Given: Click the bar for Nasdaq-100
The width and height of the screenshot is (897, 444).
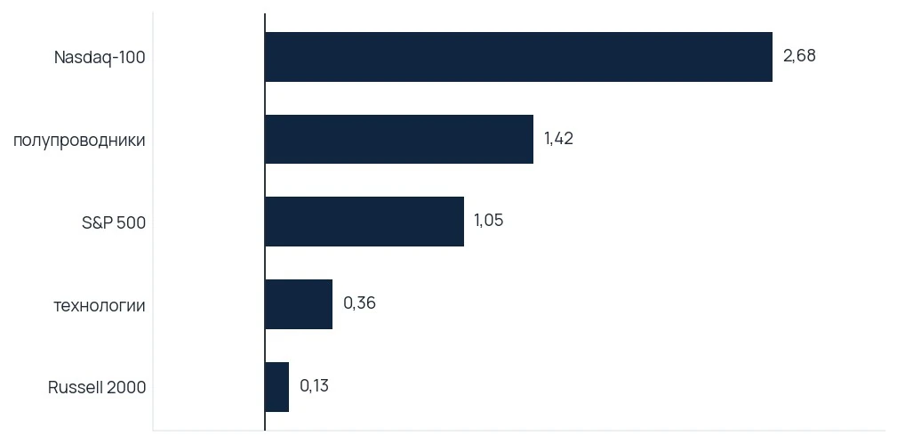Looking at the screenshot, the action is click(518, 57).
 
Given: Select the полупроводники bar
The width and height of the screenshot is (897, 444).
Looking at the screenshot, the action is click(399, 139).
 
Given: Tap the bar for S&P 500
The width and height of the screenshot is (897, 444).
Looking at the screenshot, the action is click(364, 222).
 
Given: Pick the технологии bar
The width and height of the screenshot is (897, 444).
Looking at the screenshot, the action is click(299, 304).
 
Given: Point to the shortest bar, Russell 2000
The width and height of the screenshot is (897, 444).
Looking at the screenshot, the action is click(276, 387).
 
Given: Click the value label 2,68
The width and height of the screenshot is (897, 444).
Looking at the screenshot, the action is click(799, 56).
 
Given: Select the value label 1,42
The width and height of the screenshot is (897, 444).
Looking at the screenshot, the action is click(558, 139).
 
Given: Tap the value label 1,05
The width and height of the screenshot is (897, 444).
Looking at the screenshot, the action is click(489, 222).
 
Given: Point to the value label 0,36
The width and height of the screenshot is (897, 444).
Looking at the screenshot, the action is click(359, 303).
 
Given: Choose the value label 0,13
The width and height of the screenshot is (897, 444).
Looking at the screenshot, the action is click(314, 386).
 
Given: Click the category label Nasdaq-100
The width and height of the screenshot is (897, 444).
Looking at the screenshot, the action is click(100, 57).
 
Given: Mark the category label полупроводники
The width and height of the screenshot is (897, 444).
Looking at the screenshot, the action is click(79, 141).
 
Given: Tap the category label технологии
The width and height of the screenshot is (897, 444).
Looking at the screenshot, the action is click(100, 305).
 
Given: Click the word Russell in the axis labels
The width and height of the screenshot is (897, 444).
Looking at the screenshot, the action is click(73, 387).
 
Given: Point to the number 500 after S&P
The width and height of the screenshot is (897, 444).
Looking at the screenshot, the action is click(131, 222).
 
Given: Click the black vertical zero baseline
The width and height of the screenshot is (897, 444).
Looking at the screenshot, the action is click(265, 222).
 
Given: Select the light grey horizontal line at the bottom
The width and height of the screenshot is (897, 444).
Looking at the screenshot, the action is click(519, 430).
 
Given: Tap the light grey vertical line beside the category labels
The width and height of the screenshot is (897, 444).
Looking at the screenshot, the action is click(153, 222).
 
